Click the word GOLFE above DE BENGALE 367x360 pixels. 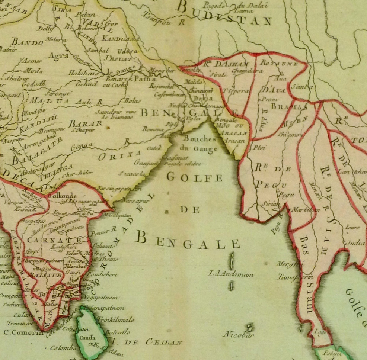point(194,177)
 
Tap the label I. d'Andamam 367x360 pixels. point(231,274)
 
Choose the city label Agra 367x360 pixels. point(59,56)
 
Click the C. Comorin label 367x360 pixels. point(23,332)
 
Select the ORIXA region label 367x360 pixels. point(119,155)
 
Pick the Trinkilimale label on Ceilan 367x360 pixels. point(115,319)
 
